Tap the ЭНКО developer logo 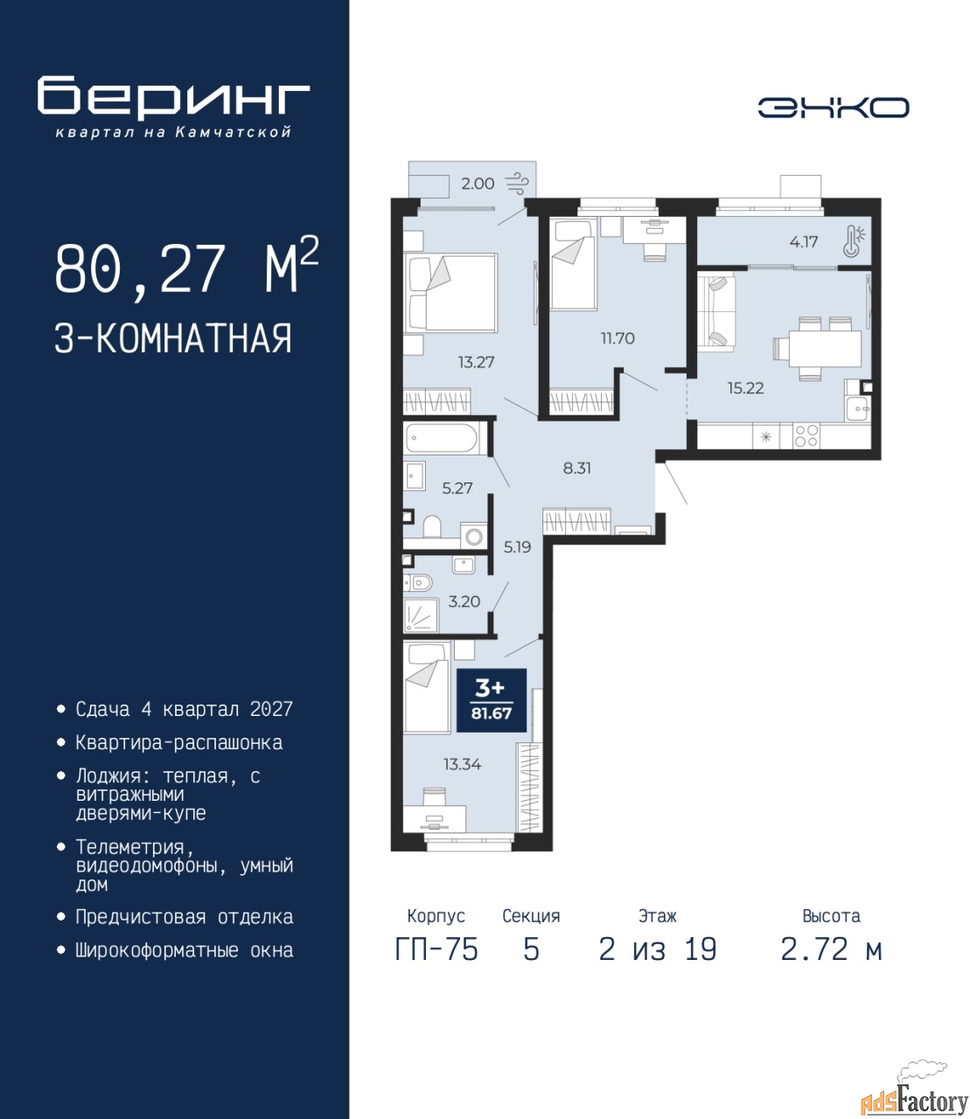pos(833,108)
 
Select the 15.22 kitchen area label pos(746,387)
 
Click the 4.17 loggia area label pos(803,241)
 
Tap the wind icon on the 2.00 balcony pos(517,184)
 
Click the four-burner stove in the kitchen pos(806,435)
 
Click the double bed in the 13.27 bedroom pos(450,292)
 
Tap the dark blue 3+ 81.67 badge pos(492,700)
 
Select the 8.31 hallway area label pos(576,468)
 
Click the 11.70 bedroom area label pos(618,338)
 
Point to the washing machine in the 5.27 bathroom pos(474,537)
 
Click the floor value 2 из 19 pos(658,949)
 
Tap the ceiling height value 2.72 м pos(831,949)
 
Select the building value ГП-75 pos(436,949)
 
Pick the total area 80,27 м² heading pos(187,267)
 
